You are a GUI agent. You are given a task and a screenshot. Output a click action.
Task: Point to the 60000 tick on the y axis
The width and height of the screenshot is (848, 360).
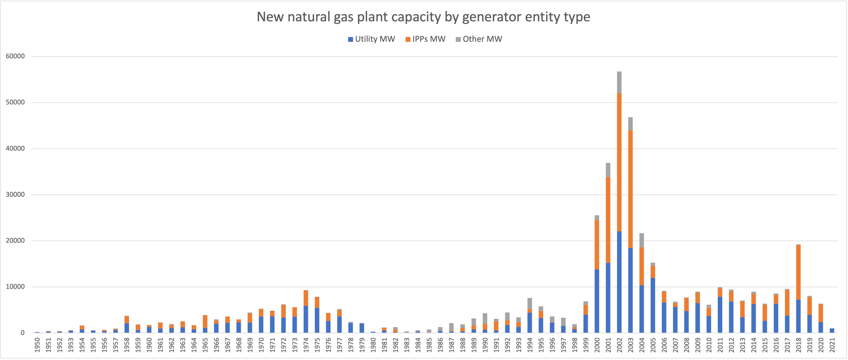tap(15, 56)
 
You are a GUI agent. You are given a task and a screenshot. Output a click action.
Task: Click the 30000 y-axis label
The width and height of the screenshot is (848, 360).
tap(15, 195)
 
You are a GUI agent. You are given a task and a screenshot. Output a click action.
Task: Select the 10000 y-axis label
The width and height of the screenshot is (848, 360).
tap(15, 287)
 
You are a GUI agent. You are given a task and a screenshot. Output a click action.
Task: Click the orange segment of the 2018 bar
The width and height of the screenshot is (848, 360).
tap(798, 273)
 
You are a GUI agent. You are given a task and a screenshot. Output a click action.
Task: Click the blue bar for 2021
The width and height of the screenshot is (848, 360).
tap(832, 331)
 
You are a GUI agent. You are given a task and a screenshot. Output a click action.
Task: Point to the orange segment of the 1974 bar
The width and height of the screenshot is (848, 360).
tap(306, 298)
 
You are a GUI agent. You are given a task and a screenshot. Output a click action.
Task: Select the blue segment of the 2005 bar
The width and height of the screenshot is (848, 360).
tap(653, 305)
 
